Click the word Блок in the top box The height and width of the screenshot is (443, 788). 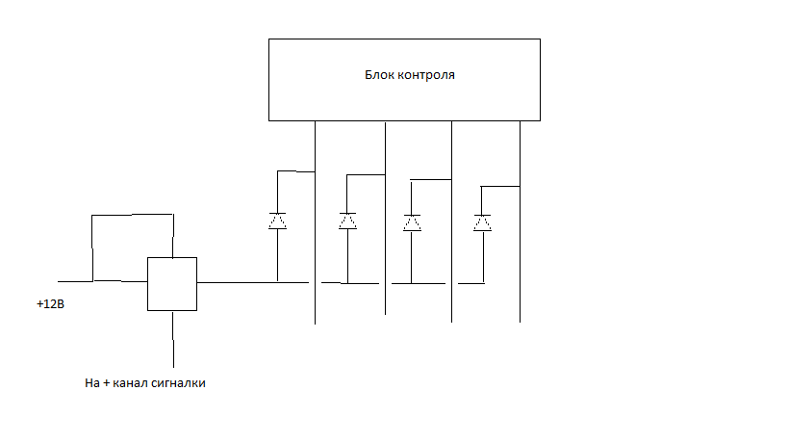coord(381,74)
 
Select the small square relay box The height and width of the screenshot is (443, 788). coord(171,283)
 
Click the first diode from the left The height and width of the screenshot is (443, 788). coord(277,221)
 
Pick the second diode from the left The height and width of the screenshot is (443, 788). coord(347,221)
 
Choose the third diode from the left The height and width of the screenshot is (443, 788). coord(412,222)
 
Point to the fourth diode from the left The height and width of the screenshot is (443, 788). coord(482,222)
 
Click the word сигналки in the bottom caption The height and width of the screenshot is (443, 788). coord(179,383)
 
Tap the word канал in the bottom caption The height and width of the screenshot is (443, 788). coord(131,383)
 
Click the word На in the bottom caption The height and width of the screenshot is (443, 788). coord(92,383)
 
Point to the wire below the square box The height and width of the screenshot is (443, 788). coord(171,337)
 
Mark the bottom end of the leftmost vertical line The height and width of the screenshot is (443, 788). coord(316,323)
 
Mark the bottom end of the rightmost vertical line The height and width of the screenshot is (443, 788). coord(520,321)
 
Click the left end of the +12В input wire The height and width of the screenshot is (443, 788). coord(60,281)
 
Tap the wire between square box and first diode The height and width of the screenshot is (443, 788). coord(237,282)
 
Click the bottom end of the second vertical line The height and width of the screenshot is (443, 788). coord(385,313)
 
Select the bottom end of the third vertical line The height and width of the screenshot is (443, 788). coord(451,321)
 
